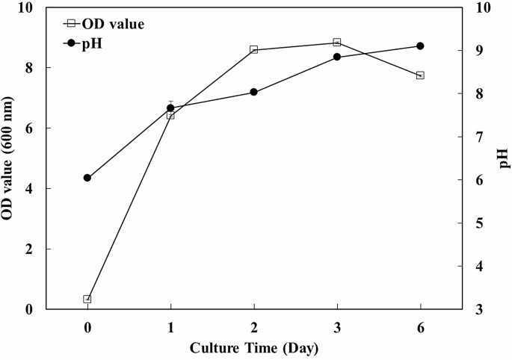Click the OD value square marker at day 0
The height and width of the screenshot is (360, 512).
[x=87, y=299]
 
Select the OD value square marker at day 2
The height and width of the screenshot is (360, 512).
[x=253, y=49]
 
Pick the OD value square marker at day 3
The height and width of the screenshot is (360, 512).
[x=337, y=43]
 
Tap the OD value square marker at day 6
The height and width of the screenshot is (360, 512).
[x=420, y=75]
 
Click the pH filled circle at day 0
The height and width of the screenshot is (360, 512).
[x=87, y=178]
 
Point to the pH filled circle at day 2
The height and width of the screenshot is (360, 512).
[x=253, y=92]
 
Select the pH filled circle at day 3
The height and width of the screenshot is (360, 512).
[x=337, y=57]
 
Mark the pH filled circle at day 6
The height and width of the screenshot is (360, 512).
[x=420, y=46]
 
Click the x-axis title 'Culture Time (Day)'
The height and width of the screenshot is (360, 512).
[x=253, y=348]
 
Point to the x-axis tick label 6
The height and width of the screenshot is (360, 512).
[x=420, y=326]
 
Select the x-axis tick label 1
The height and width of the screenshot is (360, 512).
[x=170, y=326]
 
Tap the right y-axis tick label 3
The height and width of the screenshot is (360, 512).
[x=475, y=309]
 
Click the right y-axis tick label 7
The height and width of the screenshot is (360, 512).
[x=475, y=137]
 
